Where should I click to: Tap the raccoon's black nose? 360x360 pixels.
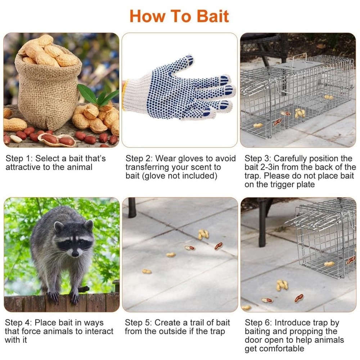tap(75, 254)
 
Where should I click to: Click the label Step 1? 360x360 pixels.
tap(19, 158)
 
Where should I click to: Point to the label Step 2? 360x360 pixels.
tap(139, 158)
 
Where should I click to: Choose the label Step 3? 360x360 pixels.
tap(258, 158)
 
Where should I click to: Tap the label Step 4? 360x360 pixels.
tap(19, 323)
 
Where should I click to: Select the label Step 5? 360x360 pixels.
tap(139, 323)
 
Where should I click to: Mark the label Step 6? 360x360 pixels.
tap(258, 323)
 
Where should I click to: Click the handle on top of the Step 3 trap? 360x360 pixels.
tap(300, 58)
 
